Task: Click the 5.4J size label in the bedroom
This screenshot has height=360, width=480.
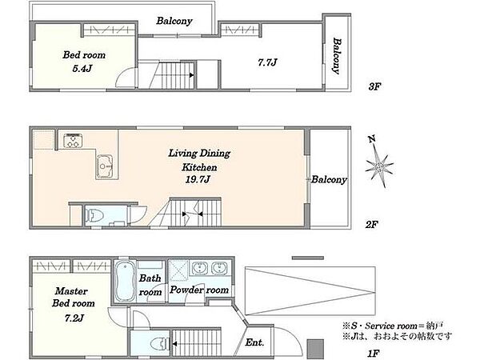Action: click(x=82, y=69)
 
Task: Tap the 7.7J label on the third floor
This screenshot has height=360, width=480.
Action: click(x=267, y=62)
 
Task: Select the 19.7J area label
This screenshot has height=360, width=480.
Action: click(x=198, y=179)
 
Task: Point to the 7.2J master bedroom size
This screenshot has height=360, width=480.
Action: click(x=74, y=318)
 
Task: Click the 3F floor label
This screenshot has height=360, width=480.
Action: click(x=374, y=86)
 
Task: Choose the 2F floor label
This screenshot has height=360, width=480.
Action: click(x=372, y=225)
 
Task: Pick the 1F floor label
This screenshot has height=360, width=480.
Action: click(x=374, y=354)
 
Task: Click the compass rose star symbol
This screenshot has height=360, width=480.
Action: click(x=379, y=167)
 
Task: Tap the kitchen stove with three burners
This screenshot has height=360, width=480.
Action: click(x=73, y=141)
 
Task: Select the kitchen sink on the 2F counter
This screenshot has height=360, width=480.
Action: click(x=105, y=166)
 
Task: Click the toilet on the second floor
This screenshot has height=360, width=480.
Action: click(x=94, y=215)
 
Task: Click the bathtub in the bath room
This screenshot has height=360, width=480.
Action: click(x=126, y=282)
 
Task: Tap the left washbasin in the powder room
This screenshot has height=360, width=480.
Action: click(x=200, y=268)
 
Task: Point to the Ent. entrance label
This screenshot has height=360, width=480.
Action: click(x=254, y=342)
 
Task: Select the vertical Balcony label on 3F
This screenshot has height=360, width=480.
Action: click(x=337, y=56)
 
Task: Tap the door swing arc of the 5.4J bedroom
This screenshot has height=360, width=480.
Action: click(x=124, y=77)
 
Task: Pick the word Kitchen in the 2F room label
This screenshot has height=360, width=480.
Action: click(x=199, y=167)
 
